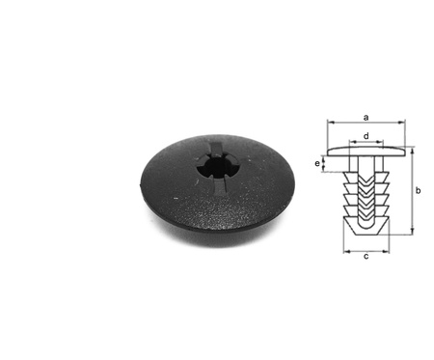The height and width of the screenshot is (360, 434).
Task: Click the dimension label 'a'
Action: click(366, 118)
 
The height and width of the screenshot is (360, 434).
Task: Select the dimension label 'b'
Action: click(418, 190)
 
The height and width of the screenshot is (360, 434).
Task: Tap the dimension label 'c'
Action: click(366, 257)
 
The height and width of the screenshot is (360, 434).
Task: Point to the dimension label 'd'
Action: click(366, 136)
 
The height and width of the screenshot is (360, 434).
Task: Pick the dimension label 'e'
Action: click(317, 164)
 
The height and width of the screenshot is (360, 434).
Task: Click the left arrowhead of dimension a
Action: click(331, 123)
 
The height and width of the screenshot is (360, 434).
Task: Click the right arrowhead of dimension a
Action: click(401, 123)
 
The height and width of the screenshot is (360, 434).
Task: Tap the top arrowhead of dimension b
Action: click(412, 152)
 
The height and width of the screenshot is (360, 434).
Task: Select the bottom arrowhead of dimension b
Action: click(412, 231)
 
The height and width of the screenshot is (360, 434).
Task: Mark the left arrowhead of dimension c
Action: click(347, 251)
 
